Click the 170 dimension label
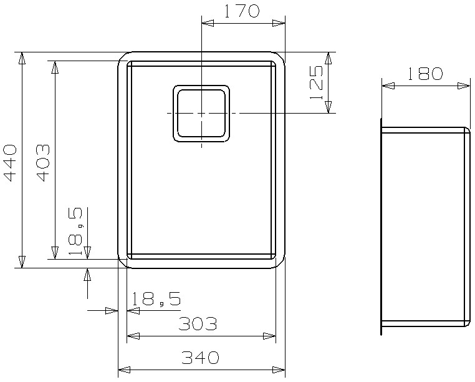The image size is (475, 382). click(x=242, y=11)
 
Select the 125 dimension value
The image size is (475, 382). click(x=317, y=82)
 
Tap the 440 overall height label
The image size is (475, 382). click(x=10, y=164)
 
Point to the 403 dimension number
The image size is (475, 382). click(x=42, y=164)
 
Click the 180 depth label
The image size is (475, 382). click(x=425, y=74)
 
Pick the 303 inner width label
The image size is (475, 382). click(x=198, y=324)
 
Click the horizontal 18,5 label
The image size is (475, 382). click(x=156, y=299)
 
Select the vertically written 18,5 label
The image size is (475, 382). click(x=75, y=231)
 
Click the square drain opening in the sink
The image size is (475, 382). click(x=201, y=114)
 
